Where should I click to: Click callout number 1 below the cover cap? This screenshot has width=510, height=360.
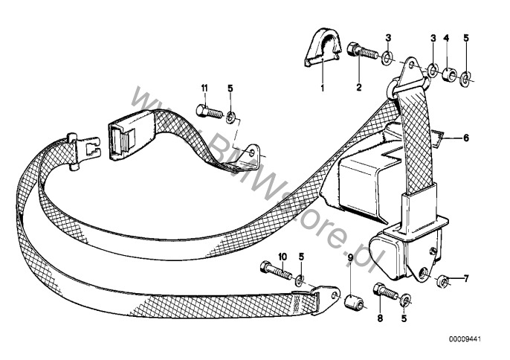323,88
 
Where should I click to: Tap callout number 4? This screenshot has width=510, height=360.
446,39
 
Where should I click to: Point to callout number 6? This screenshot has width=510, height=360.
466,138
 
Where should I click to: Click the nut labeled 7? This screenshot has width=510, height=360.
442,281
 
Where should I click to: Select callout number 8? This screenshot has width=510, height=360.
380,318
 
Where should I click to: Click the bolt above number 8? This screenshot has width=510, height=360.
386,292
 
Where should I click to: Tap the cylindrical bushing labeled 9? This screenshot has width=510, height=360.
354,302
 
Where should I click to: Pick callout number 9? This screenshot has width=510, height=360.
350,258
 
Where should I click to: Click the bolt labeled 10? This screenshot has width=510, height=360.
276,271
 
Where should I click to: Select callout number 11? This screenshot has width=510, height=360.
204,89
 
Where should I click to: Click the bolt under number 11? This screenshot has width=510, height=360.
209,112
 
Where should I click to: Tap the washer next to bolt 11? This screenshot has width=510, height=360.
231,117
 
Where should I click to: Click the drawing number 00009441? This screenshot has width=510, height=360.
465,339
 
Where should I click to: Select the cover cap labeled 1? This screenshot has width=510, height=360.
323,47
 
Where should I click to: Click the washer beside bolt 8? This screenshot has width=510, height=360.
405,300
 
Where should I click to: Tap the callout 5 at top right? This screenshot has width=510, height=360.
466,39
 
